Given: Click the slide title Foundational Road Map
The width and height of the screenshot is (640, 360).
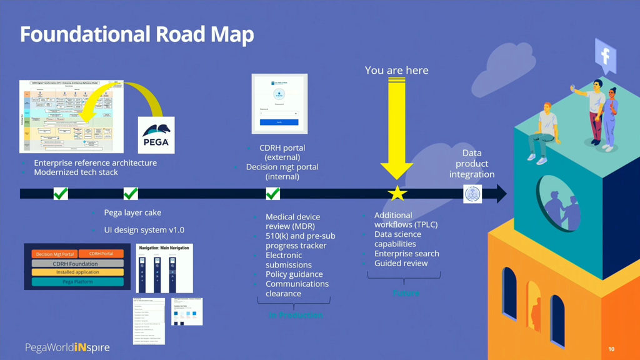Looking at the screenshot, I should [x=137, y=34].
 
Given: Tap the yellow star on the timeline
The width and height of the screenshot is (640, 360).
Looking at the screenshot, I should [x=397, y=194].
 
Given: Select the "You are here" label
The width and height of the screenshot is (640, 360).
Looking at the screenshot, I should [x=397, y=70].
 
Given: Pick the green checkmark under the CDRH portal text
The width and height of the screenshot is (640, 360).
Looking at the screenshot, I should [x=273, y=194].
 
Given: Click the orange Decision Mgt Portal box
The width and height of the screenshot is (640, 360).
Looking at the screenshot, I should [x=55, y=254].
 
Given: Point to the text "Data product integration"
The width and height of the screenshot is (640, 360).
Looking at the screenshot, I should [x=472, y=164].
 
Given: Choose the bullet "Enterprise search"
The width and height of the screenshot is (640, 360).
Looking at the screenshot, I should [x=406, y=254].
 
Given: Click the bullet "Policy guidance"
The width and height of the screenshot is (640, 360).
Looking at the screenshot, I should [x=294, y=274].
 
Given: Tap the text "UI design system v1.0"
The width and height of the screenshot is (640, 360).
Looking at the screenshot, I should [x=144, y=230].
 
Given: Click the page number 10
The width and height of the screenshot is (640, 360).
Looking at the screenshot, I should [x=611, y=348].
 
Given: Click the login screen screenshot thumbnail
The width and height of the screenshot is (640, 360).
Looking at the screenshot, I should [x=279, y=104].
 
